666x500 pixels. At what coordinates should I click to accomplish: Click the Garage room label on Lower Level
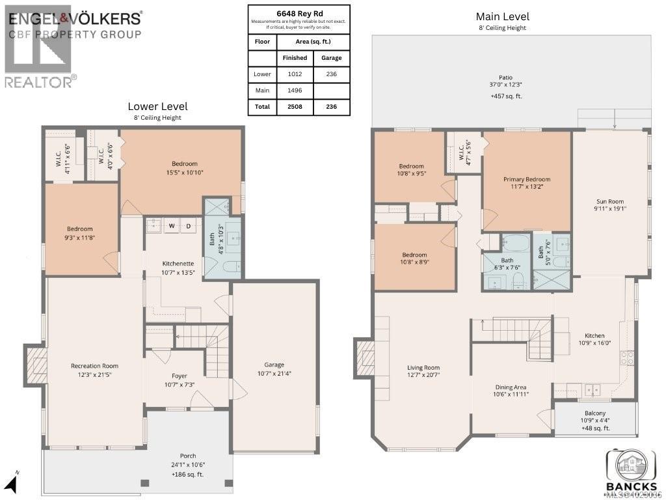[274, 365]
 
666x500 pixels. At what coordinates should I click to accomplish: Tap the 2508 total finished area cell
[294, 107]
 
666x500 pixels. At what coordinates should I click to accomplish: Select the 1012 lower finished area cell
[294, 74]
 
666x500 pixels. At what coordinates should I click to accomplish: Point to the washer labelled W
[172, 226]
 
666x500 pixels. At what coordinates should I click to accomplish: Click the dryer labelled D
[189, 226]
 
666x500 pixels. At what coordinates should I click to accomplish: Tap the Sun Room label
[610, 201]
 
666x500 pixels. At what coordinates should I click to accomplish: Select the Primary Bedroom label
[526, 179]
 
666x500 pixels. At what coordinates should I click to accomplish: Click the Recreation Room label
[94, 366]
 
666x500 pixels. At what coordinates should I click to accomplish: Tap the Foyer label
[179, 376]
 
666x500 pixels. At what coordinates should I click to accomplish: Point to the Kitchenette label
[178, 263]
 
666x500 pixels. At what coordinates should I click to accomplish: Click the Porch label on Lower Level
[187, 456]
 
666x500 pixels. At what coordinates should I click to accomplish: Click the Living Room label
[423, 367]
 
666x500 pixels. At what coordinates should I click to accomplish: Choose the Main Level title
[502, 16]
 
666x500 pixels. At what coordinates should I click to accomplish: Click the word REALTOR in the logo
[37, 81]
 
